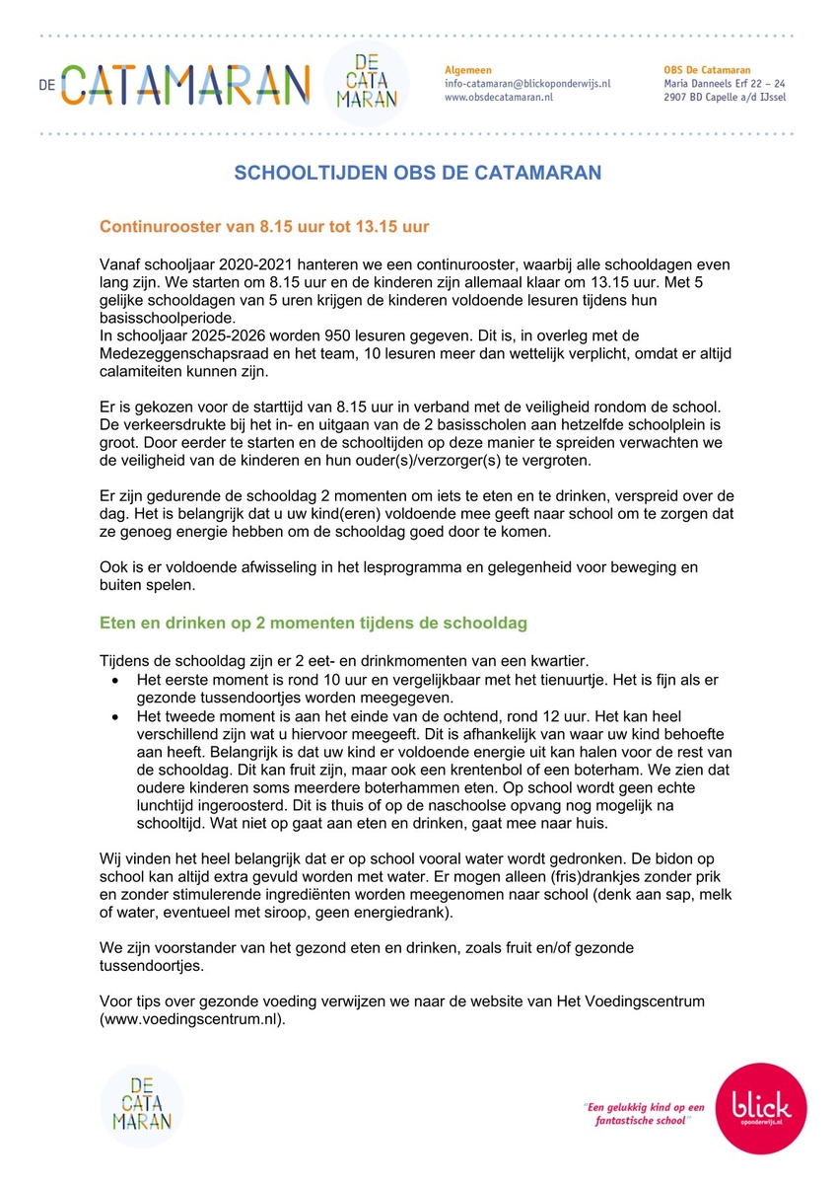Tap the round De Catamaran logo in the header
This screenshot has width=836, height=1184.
click(366, 83)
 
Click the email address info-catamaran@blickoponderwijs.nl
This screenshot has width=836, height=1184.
click(527, 84)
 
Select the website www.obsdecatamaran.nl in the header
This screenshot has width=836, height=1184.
click(499, 98)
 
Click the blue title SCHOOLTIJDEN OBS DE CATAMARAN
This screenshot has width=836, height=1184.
click(417, 174)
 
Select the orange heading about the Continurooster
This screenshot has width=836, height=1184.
click(264, 227)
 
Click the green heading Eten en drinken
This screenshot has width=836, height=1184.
click(313, 624)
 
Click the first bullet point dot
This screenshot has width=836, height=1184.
click(116, 681)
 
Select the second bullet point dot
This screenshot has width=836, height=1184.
click(116, 715)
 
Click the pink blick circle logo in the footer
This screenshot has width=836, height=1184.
click(760, 1107)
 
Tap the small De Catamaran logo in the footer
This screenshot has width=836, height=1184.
click(142, 1106)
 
